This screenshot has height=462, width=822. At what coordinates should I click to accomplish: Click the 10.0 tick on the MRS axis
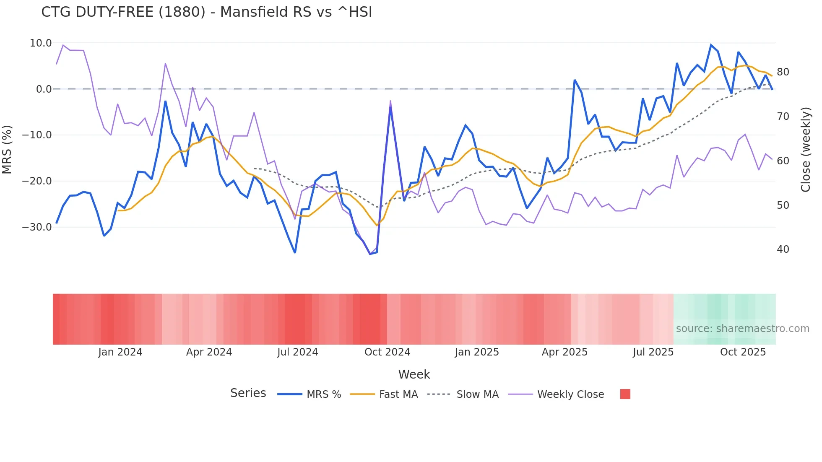pyautogui.click(x=41, y=43)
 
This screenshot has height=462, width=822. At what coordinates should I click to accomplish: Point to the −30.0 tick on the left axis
pyautogui.click(x=37, y=227)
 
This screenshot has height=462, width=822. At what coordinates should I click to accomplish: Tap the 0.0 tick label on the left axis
pyautogui.click(x=44, y=89)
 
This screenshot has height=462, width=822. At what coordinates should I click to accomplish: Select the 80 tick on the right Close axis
pyautogui.click(x=783, y=72)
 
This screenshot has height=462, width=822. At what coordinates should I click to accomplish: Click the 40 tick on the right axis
pyautogui.click(x=783, y=249)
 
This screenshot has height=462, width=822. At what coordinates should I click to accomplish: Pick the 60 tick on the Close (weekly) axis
pyautogui.click(x=783, y=161)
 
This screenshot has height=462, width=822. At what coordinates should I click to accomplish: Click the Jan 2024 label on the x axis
pyautogui.click(x=120, y=352)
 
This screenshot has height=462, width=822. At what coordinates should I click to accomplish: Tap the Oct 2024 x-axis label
pyautogui.click(x=387, y=352)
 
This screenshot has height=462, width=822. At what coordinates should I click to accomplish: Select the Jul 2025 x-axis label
pyautogui.click(x=653, y=352)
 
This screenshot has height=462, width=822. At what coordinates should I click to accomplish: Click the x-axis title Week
pyautogui.click(x=414, y=374)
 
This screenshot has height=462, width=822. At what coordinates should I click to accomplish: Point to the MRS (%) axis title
pyautogui.click(x=7, y=150)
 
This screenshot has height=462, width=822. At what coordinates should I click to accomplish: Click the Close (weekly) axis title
pyautogui.click(x=806, y=150)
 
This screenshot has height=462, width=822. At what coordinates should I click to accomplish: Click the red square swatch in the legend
pyautogui.click(x=625, y=394)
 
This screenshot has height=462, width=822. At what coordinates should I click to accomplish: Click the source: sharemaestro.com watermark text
pyautogui.click(x=742, y=329)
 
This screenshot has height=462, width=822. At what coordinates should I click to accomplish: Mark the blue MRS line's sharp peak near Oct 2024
pyautogui.click(x=390, y=107)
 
